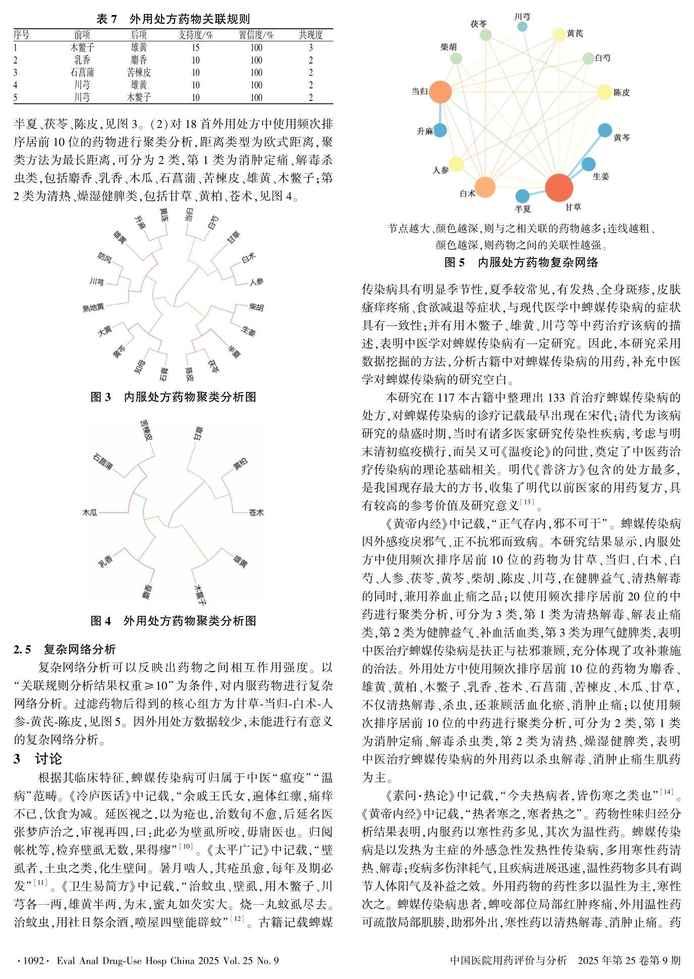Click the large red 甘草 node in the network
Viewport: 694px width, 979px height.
pyautogui.click(x=559, y=187)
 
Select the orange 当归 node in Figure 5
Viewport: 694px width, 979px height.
pyautogui.click(x=440, y=92)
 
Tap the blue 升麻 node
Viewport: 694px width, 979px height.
pyautogui.click(x=440, y=130)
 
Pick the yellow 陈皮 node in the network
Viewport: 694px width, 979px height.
pyautogui.click(x=605, y=92)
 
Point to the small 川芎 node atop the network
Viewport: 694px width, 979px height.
pyautogui.click(x=522, y=26)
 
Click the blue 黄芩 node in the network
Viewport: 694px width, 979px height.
pyautogui.click(x=605, y=130)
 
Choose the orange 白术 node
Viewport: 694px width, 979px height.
pyautogui.click(x=485, y=187)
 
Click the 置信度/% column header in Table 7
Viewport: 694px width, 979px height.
pyautogui.click(x=256, y=35)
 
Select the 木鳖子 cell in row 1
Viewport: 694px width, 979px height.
pyautogui.click(x=82, y=47)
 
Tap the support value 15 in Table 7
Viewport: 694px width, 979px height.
pyautogui.click(x=195, y=47)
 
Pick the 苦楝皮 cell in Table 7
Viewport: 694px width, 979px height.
pyautogui.click(x=139, y=72)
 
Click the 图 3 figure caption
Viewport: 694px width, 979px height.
pyautogui.click(x=173, y=397)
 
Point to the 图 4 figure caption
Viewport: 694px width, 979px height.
pyautogui.click(x=173, y=620)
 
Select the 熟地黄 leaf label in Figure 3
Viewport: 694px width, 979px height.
pyautogui.click(x=93, y=307)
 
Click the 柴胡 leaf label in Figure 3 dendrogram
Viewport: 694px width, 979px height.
pyautogui.click(x=256, y=307)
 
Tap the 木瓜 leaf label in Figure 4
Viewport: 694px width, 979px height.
pyautogui.click(x=90, y=512)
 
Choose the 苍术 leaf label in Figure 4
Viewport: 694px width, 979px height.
pyautogui.click(x=256, y=512)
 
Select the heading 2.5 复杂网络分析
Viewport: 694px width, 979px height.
pyautogui.click(x=65, y=649)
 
